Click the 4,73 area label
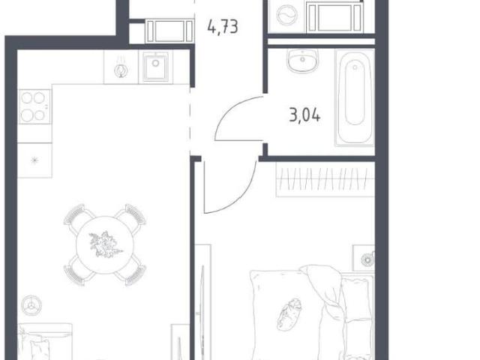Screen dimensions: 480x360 click(x=223, y=27)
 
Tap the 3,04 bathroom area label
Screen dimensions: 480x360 click(x=304, y=115)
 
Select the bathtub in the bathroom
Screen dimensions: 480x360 click(x=355, y=98)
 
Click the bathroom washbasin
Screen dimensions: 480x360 click(x=303, y=61)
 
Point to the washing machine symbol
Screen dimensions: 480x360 click(x=286, y=15)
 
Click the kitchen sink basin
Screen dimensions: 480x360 click(x=156, y=67)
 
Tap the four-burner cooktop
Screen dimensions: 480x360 click(x=34, y=106)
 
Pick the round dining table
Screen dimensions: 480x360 click(x=105, y=245)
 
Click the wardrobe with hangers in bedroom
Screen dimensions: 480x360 click(x=325, y=179)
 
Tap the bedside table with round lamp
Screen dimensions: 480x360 click(x=364, y=258)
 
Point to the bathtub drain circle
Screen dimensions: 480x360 click(x=355, y=67)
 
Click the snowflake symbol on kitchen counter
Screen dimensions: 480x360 click(x=34, y=160)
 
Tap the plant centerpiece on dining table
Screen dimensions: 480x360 click(x=105, y=244)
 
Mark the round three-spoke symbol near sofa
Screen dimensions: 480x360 click(x=31, y=305)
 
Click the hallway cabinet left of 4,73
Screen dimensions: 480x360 click(x=169, y=31)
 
